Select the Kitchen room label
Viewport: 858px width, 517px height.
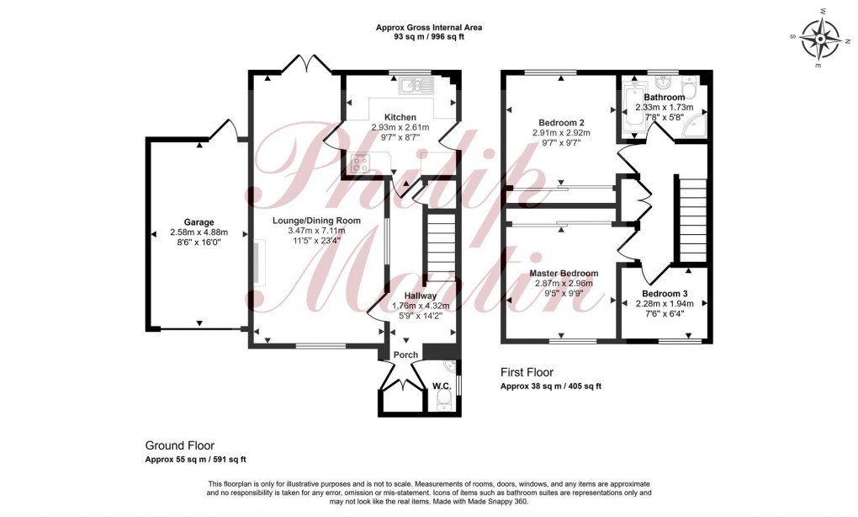pyautogui.click(x=400, y=117)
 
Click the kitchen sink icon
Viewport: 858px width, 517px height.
pyautogui.click(x=416, y=84)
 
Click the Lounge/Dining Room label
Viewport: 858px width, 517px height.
pyautogui.click(x=316, y=221)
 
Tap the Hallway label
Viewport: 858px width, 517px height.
pyautogui.click(x=421, y=296)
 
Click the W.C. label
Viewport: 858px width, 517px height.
pyautogui.click(x=442, y=386)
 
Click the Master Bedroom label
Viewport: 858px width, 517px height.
pyautogui.click(x=564, y=274)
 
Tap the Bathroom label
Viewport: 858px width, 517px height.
pyautogui.click(x=664, y=98)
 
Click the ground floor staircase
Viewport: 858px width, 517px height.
pyautogui.click(x=437, y=246)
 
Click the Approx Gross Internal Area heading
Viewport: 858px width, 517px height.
pyautogui.click(x=429, y=28)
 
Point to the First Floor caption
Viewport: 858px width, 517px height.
pyautogui.click(x=527, y=372)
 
